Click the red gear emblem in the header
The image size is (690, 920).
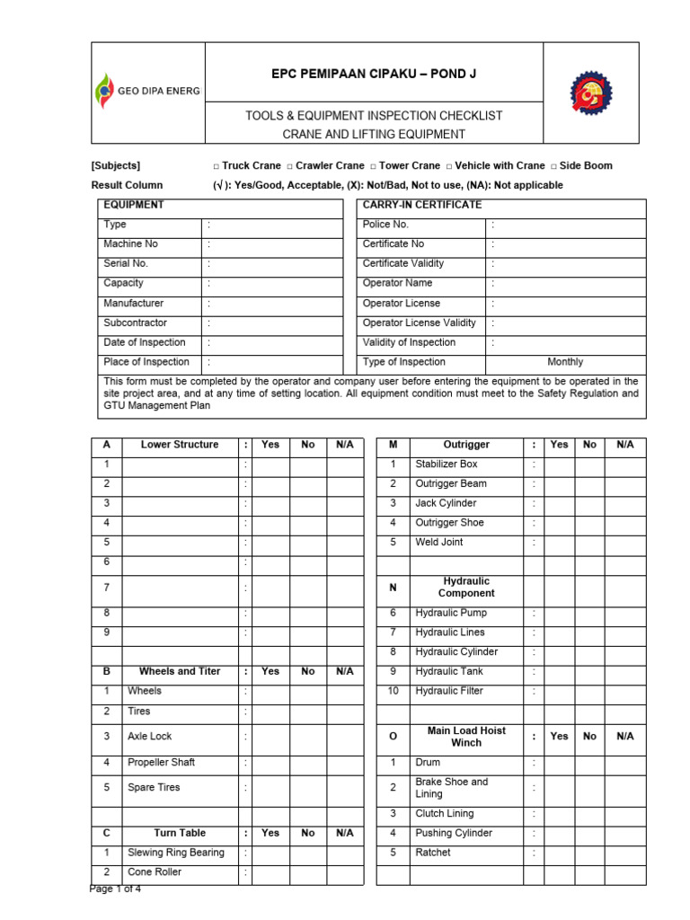pyautogui.click(x=591, y=93)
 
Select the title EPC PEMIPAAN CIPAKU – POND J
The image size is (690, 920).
pyautogui.click(x=374, y=74)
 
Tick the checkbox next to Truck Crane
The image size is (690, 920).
pyautogui.click(x=217, y=166)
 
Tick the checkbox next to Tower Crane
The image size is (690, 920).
pyautogui.click(x=373, y=166)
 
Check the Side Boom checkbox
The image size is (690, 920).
pyautogui.click(x=553, y=166)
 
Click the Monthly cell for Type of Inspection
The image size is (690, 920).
pyautogui.click(x=564, y=362)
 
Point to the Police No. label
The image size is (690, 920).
pyautogui.click(x=385, y=225)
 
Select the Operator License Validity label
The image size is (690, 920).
pyautogui.click(x=419, y=323)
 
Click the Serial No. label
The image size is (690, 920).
pyautogui.click(x=126, y=264)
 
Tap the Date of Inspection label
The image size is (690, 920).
pyautogui.click(x=144, y=342)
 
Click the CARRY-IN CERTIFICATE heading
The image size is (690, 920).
pyautogui.click(x=422, y=205)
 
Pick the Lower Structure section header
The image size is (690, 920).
pyautogui.click(x=179, y=445)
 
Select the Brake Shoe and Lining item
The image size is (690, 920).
pyautogui.click(x=451, y=788)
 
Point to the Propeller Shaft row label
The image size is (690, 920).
pyautogui.click(x=161, y=763)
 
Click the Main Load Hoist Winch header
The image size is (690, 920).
pyautogui.click(x=465, y=737)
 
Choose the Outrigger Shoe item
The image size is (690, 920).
pyautogui.click(x=449, y=523)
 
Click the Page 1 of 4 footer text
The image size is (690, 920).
pyautogui.click(x=115, y=889)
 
